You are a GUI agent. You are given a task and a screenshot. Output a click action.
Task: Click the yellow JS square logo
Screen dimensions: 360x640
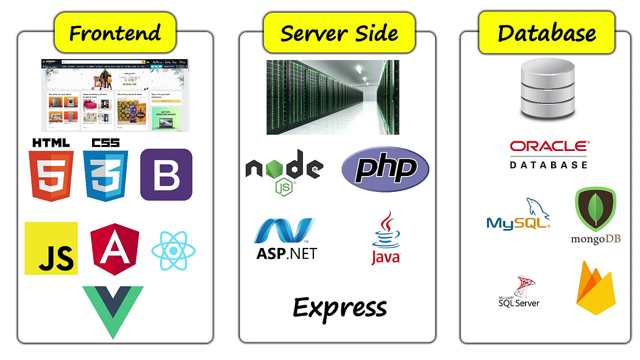[x=51, y=248]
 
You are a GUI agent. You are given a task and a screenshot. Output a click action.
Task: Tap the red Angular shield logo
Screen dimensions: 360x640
[x=114, y=249]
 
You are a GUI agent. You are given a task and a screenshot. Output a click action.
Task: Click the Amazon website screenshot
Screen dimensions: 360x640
[x=115, y=95]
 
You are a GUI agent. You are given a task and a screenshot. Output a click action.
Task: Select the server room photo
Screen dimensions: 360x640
[x=333, y=97]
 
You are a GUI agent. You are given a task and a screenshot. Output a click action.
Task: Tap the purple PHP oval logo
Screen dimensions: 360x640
[x=385, y=169]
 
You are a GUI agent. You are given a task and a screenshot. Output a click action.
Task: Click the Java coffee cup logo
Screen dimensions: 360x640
[x=386, y=239]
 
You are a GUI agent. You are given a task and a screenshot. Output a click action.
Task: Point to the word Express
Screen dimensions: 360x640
[x=340, y=308]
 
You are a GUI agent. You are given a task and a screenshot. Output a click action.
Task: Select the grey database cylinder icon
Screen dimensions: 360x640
[x=547, y=89]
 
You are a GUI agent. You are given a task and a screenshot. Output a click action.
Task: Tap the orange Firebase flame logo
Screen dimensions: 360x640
[x=595, y=288]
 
